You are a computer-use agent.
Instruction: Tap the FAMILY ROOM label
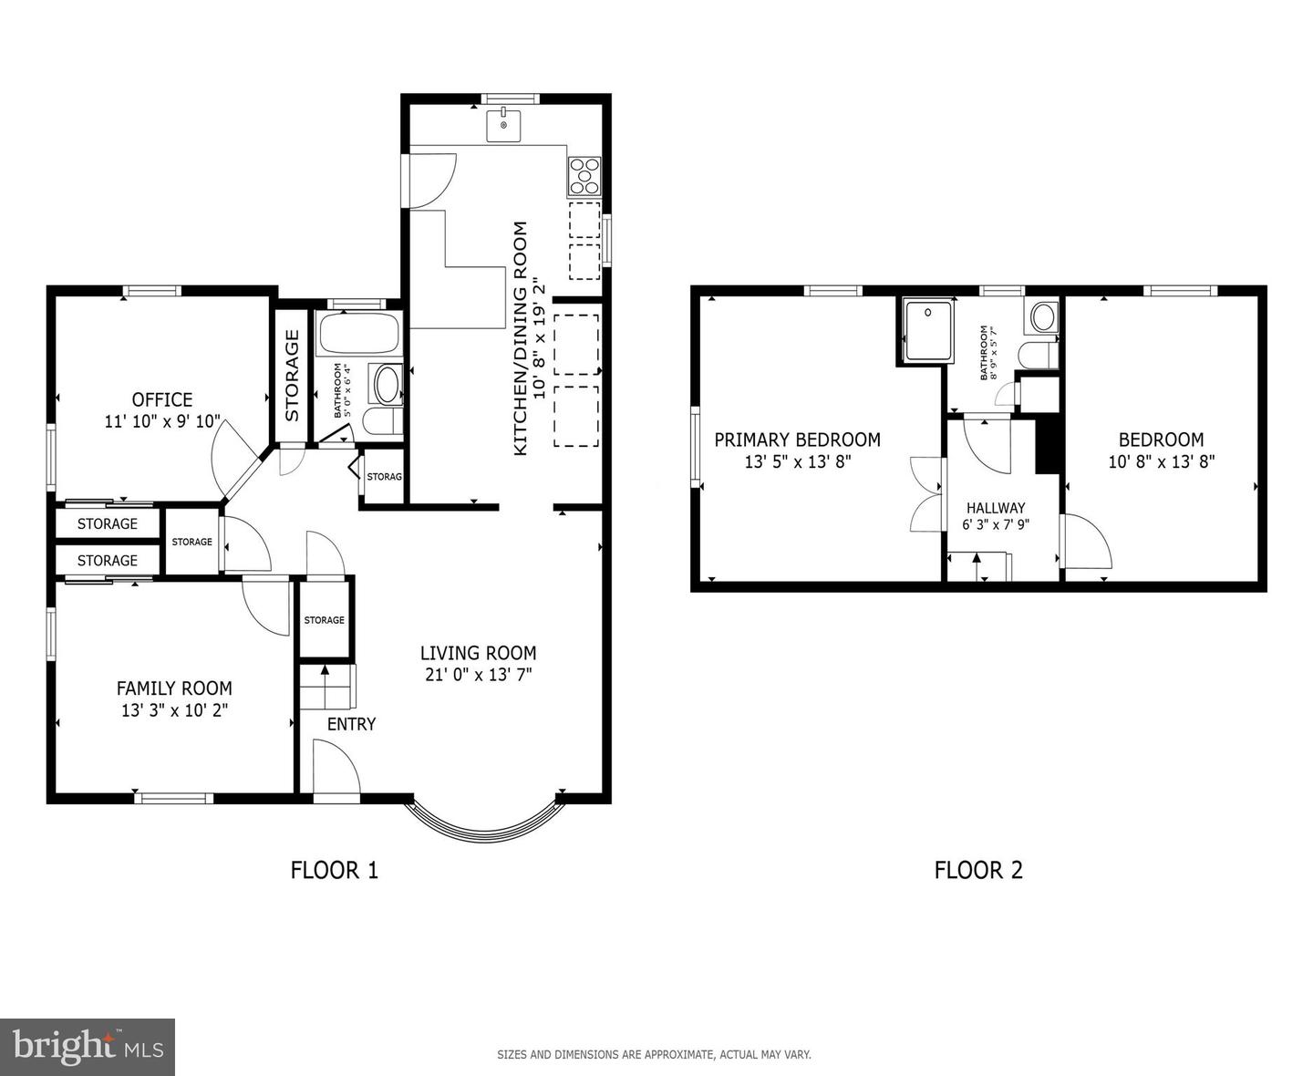pyautogui.click(x=174, y=688)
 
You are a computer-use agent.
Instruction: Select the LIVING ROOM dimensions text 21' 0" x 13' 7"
pyautogui.click(x=478, y=675)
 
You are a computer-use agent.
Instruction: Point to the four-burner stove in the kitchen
pyautogui.click(x=584, y=176)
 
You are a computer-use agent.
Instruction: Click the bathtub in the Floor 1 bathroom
pyautogui.click(x=358, y=333)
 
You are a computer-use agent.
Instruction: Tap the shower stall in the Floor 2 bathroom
pyautogui.click(x=928, y=331)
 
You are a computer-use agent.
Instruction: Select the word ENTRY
pyautogui.click(x=351, y=723)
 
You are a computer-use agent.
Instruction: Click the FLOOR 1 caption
pyautogui.click(x=335, y=870)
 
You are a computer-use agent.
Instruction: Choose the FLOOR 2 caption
pyautogui.click(x=978, y=870)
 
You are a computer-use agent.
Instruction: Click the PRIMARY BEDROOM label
pyautogui.click(x=797, y=440)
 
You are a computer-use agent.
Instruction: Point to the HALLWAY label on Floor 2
pyautogui.click(x=996, y=508)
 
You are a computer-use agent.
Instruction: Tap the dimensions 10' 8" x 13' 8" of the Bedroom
pyautogui.click(x=1161, y=461)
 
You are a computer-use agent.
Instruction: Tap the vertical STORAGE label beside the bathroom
pyautogui.click(x=292, y=375)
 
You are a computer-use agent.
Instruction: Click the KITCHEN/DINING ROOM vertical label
pyautogui.click(x=520, y=338)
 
